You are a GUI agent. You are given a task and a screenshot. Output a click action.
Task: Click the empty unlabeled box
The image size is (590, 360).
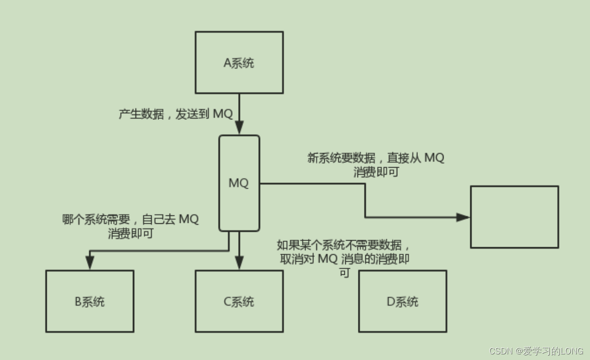point(514,217)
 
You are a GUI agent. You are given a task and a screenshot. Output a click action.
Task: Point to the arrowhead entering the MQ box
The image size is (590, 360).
point(239,128)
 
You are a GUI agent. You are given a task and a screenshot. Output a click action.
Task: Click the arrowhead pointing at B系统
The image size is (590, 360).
point(90,263)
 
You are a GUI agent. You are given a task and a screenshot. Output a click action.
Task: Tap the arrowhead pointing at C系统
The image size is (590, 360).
point(239,263)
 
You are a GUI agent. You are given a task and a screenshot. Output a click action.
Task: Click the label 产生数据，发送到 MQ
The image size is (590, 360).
point(175,114)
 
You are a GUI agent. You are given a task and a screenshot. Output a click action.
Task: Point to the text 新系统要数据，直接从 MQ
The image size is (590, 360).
point(376,158)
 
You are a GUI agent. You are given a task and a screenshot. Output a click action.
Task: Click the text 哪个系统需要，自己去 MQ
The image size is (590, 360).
point(131,219)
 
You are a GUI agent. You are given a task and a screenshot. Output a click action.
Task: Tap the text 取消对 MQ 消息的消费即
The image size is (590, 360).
point(345,259)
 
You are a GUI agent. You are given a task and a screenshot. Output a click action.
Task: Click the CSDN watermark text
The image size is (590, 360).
point(536,351)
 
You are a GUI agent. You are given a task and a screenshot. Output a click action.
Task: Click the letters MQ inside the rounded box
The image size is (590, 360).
point(239,183)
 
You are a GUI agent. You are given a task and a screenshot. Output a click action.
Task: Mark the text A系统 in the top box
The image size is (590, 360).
point(239,63)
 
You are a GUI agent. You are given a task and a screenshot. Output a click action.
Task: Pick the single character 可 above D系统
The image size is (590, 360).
point(344,273)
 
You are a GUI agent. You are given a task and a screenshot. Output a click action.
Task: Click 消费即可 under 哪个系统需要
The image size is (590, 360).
point(131,234)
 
